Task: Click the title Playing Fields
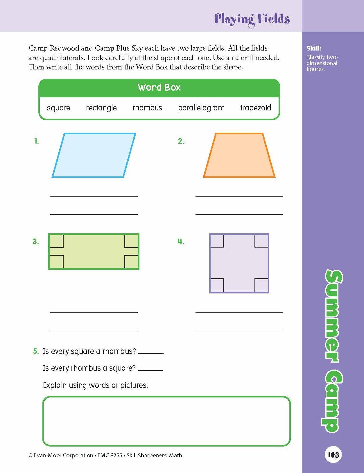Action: pos(252,19)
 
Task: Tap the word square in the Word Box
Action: pos(58,108)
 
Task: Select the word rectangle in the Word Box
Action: pos(101,108)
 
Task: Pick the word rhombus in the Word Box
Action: pos(147,108)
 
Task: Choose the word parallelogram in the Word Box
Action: pos(201,108)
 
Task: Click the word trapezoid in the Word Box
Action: pos(256,108)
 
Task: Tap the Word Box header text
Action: pos(159,87)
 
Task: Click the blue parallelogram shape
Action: pos(94,155)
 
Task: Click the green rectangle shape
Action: pos(94,252)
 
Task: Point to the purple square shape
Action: pos(239,263)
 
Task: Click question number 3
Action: pos(35,242)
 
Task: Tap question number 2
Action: pos(181,141)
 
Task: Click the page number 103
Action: pos(333,454)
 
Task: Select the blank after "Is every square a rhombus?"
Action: pos(150,352)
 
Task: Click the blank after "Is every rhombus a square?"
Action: pos(150,369)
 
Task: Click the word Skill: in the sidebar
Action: pos(314,49)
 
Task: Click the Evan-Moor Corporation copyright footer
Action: pos(105,455)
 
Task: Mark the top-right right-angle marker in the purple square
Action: pos(261,241)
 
